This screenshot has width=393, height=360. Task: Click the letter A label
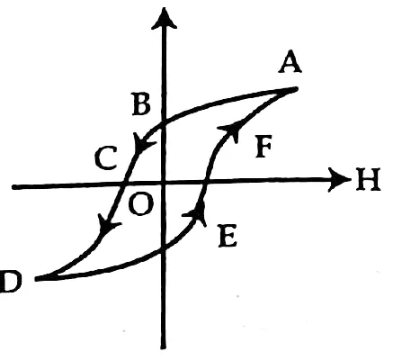pos(290,64)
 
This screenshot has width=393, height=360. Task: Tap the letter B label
pos(141,105)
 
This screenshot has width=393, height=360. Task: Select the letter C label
pos(105,157)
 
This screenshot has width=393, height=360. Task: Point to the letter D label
pos(10,281)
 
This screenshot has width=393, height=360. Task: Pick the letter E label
pos(228,236)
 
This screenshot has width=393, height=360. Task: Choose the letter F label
pos(264,147)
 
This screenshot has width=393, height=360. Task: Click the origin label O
pos(141,204)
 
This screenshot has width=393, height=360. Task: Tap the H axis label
pos(368,179)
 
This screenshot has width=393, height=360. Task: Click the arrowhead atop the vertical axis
pos(164,19)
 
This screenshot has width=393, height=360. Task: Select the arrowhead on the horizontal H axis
pos(339,179)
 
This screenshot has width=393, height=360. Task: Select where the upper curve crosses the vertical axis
pos(164,124)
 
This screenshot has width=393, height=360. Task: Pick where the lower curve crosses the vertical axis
pos(163,248)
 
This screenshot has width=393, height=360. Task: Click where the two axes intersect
pos(164,184)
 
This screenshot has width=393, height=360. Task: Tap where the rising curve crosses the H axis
pos(205,182)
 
